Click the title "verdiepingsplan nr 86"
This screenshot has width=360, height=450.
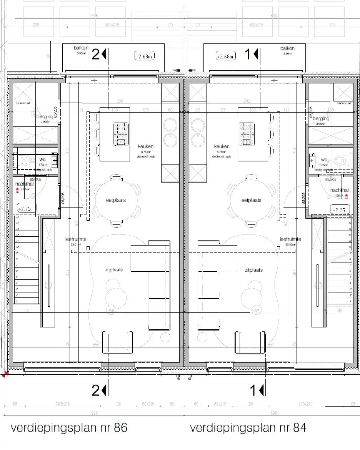69,428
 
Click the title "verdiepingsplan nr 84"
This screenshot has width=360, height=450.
248,428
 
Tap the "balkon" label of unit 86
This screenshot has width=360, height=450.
81,48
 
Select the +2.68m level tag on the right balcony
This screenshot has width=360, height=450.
225,56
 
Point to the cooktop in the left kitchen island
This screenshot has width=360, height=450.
121,134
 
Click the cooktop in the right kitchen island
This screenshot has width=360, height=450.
247,134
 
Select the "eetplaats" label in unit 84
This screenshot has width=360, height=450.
252,200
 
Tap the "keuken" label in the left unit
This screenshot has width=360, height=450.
146,146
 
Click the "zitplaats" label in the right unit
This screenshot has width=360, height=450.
253,270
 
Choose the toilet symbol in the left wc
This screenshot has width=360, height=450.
26,160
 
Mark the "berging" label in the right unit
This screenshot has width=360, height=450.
321,119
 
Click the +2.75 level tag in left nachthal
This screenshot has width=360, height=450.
25,209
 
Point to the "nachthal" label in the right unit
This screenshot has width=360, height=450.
339,190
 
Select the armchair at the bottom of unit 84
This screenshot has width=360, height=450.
250,342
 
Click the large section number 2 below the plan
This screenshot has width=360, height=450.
96,390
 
